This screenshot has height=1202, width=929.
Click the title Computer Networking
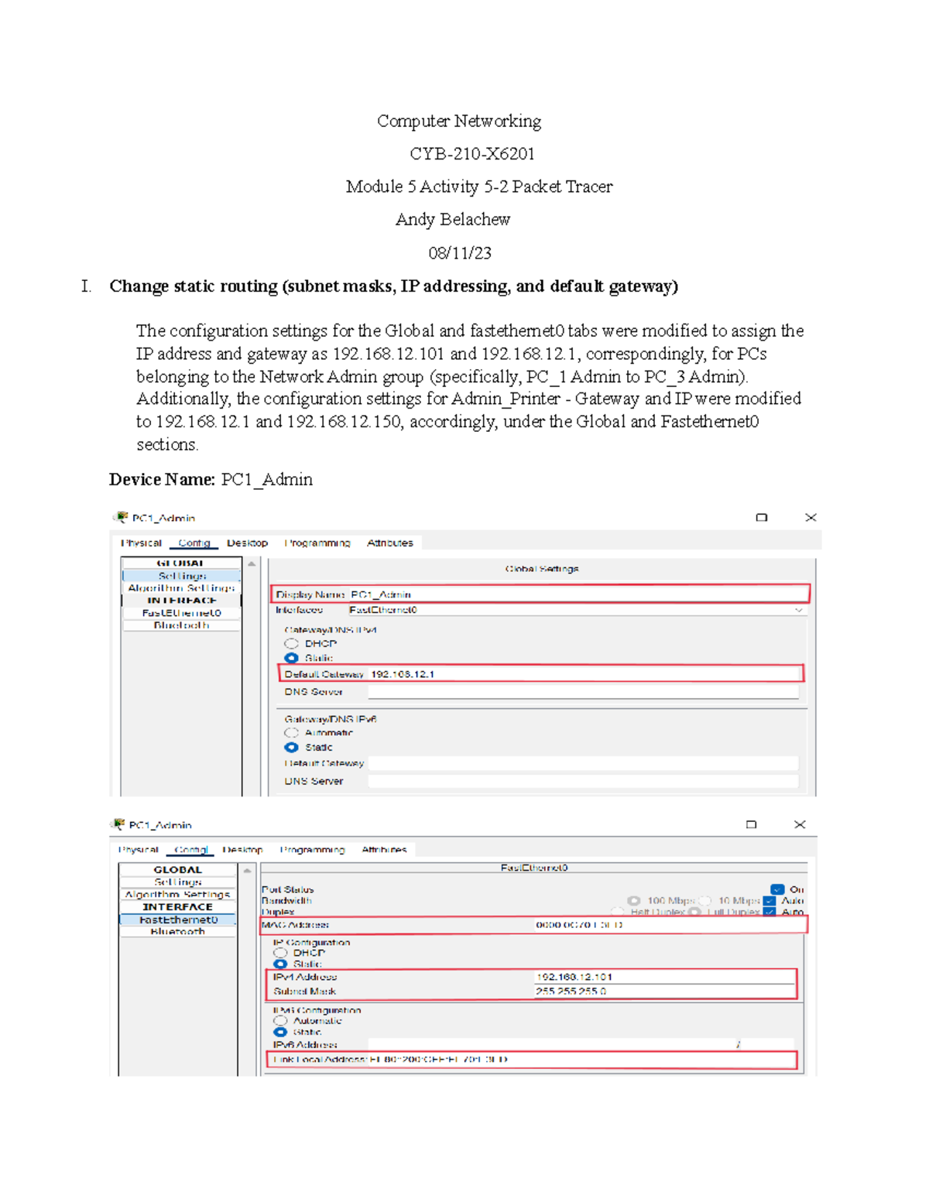coord(458,122)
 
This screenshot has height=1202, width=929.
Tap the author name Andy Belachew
coord(452,220)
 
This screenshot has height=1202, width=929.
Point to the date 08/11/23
coord(459,253)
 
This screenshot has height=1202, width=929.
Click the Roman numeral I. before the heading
coord(86,286)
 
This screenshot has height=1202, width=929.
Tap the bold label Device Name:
coord(161,480)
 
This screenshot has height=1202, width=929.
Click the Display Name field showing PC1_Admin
coord(539,594)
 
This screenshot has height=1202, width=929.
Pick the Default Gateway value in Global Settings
coord(403,674)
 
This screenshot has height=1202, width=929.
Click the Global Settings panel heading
coord(541,569)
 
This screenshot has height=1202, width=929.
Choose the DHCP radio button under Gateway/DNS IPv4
coord(291,644)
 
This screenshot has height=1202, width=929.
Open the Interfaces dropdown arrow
coord(798,610)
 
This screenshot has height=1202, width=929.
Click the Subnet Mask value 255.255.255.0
coord(571,991)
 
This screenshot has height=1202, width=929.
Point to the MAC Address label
coord(295,925)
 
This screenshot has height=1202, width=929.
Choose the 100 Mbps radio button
coord(634,901)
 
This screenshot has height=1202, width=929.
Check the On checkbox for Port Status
coord(777,889)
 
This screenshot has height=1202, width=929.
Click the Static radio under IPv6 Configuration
coord(280,1032)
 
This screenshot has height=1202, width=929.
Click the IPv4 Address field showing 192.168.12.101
coord(574,977)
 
